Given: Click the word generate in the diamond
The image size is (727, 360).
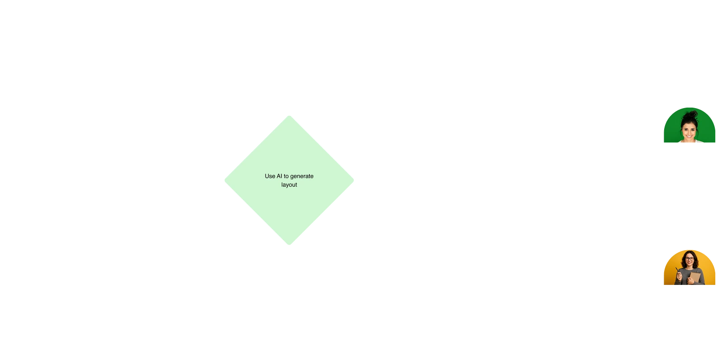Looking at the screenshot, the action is [x=302, y=176].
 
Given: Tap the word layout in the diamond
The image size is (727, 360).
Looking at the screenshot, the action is [x=289, y=185].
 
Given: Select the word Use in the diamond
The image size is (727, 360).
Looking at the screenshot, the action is [x=270, y=176].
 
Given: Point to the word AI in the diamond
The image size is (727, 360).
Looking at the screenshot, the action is [x=279, y=176].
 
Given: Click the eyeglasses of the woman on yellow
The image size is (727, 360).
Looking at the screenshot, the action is [x=689, y=259].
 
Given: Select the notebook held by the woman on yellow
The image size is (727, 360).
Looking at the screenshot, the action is [x=695, y=276].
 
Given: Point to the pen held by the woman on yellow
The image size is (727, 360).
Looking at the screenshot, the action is [x=677, y=270].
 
